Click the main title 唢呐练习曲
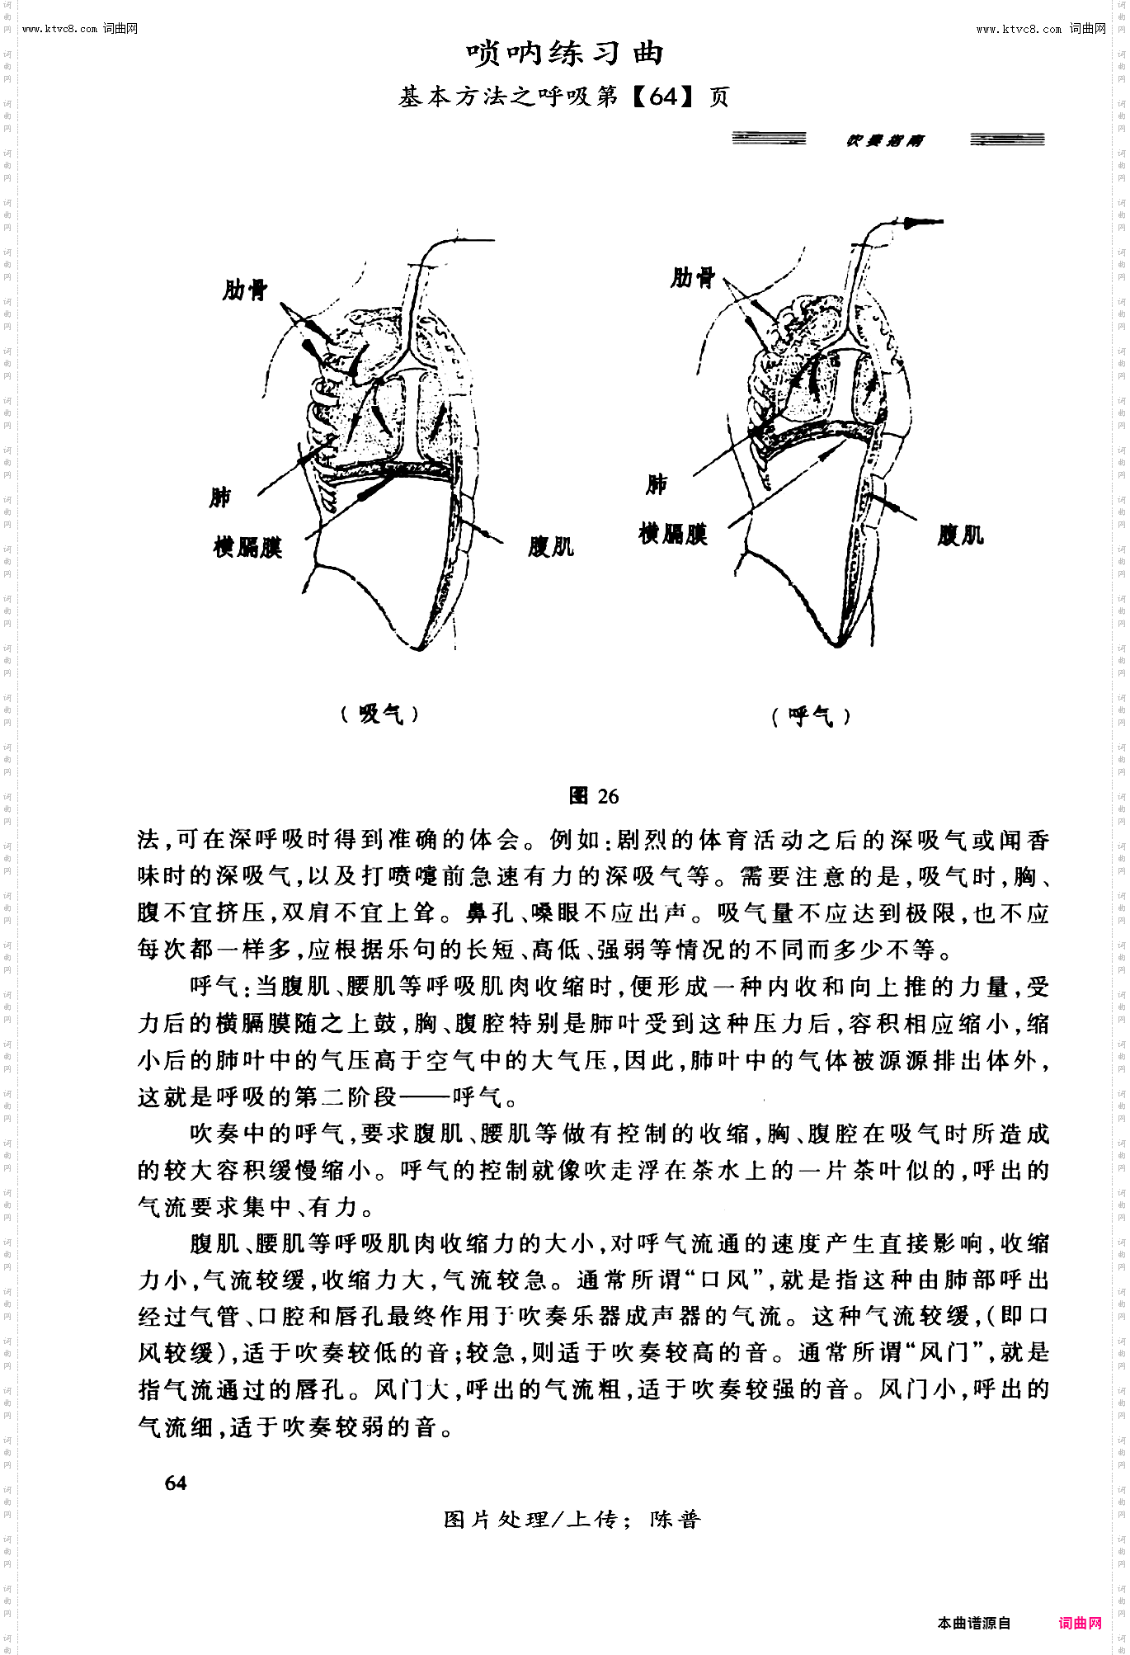tap(565, 54)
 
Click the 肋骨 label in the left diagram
tap(245, 290)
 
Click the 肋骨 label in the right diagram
tap(693, 277)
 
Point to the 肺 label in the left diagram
tap(220, 497)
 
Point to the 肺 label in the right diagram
tap(657, 483)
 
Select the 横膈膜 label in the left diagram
tap(247, 547)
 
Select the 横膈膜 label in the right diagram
tap(673, 534)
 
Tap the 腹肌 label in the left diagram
tap(551, 546)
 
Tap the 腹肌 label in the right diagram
tap(961, 535)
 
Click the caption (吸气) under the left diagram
tap(380, 714)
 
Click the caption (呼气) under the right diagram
tap(811, 716)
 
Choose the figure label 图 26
tap(594, 796)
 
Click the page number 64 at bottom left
tap(176, 1483)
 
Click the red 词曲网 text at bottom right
tap(1081, 1623)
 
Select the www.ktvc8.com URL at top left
tap(60, 29)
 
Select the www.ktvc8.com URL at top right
tap(1019, 29)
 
